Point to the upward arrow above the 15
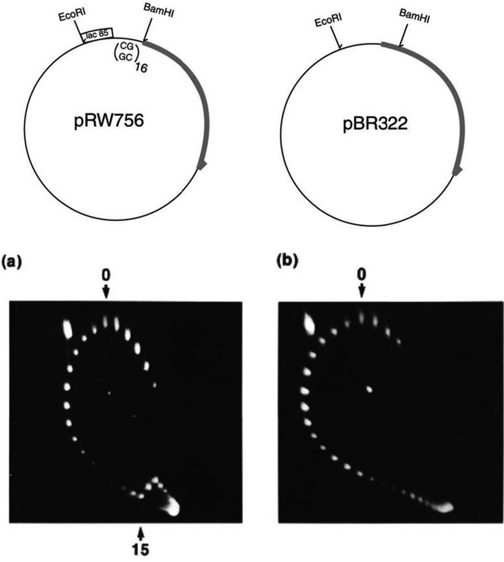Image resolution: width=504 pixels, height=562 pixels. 141,533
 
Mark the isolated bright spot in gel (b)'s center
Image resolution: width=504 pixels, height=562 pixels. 369,389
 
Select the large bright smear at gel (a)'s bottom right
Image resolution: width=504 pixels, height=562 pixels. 172,505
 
